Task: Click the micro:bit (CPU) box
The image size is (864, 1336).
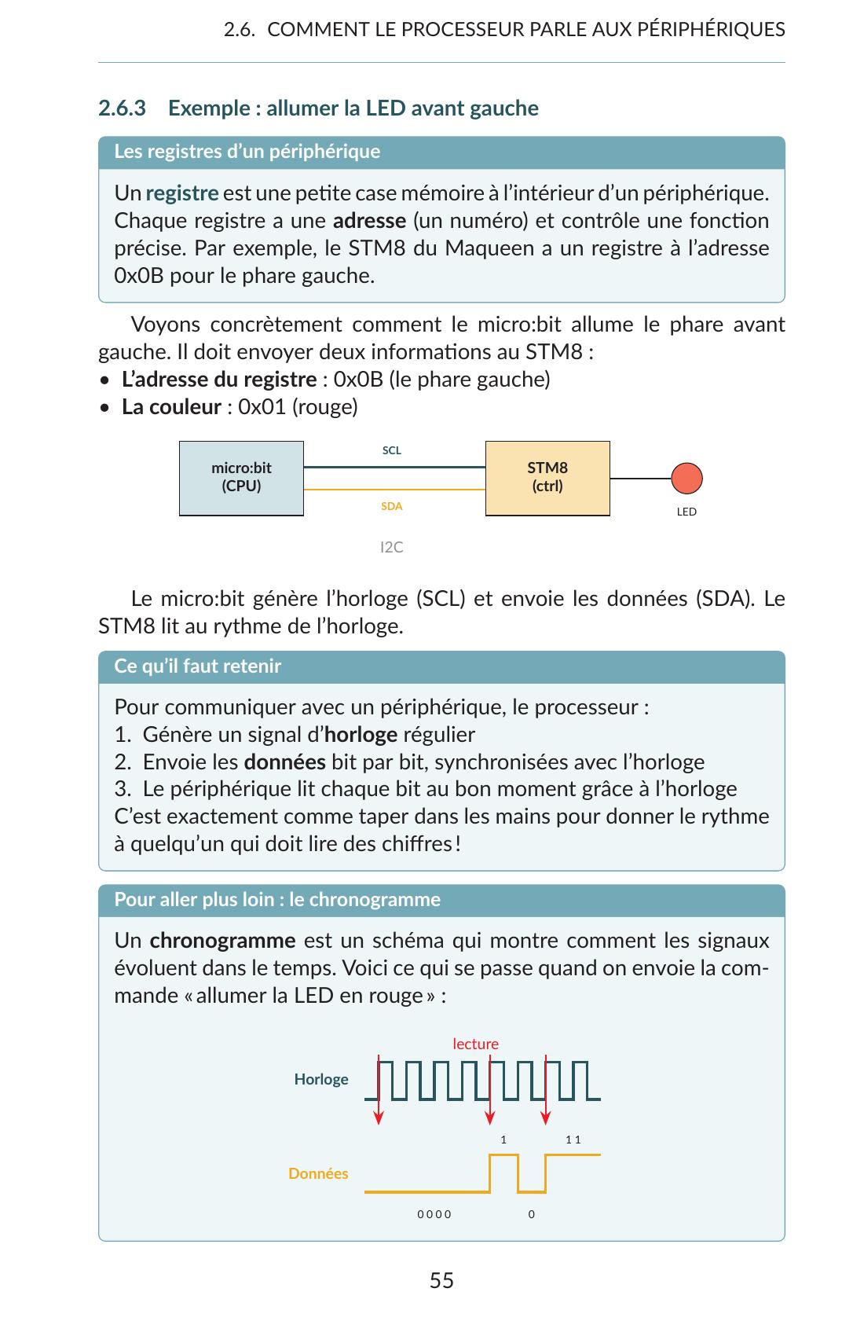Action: (x=241, y=478)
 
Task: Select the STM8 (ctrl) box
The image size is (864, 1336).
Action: (x=547, y=478)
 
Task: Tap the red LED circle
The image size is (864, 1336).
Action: (x=686, y=478)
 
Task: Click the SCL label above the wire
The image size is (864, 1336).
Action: (x=391, y=450)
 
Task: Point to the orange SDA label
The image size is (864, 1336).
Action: (x=391, y=506)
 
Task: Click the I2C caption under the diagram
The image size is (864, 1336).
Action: (x=391, y=547)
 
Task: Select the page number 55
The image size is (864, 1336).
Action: (x=441, y=1280)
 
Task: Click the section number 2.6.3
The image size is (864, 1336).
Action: (x=122, y=108)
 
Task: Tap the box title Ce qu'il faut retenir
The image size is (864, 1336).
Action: (x=197, y=666)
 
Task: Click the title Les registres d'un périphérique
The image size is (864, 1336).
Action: (x=247, y=151)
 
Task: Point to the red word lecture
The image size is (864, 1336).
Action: (x=475, y=1044)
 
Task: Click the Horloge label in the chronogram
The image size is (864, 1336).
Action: (x=320, y=1079)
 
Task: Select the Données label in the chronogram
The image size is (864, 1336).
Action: (x=317, y=1173)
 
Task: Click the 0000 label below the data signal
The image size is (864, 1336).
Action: (x=434, y=1214)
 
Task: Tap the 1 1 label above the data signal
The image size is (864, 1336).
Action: (x=573, y=1140)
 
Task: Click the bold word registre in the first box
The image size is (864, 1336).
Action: (x=181, y=193)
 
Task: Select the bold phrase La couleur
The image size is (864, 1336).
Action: (x=171, y=407)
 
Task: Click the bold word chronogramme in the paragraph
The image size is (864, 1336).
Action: (x=222, y=941)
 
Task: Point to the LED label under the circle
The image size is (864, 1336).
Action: (x=686, y=512)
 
